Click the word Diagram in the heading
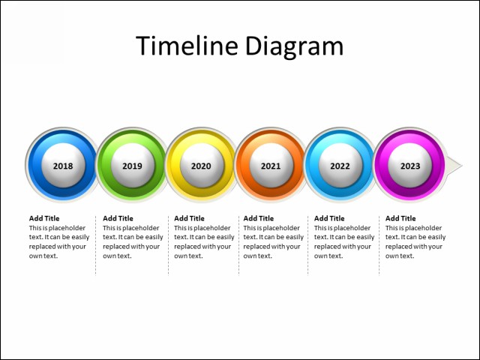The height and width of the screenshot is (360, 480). (293, 46)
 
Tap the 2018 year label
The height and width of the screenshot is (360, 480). (63, 166)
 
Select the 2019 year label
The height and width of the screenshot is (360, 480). (132, 166)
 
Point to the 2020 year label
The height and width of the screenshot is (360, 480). (201, 166)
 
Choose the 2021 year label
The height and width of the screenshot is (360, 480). (271, 166)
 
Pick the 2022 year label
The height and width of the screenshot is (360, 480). (340, 166)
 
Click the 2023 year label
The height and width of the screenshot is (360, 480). (410, 166)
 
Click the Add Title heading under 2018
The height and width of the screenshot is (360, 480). (44, 218)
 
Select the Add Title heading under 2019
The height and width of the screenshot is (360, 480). (118, 218)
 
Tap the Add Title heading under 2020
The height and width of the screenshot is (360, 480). (189, 218)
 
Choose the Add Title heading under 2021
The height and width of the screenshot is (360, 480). (259, 218)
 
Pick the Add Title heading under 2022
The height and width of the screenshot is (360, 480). (329, 218)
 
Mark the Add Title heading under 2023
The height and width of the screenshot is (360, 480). (400, 218)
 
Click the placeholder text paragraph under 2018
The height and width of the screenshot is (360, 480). (57, 241)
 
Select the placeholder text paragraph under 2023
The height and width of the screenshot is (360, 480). (415, 241)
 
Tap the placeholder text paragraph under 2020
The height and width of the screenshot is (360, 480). (203, 241)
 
